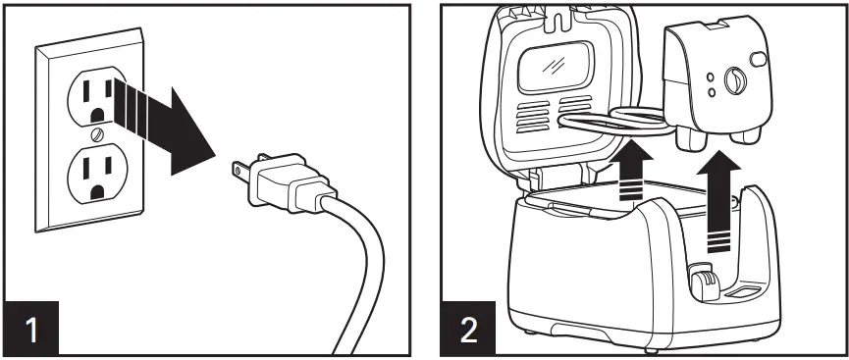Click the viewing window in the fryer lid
coord(566,70)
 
